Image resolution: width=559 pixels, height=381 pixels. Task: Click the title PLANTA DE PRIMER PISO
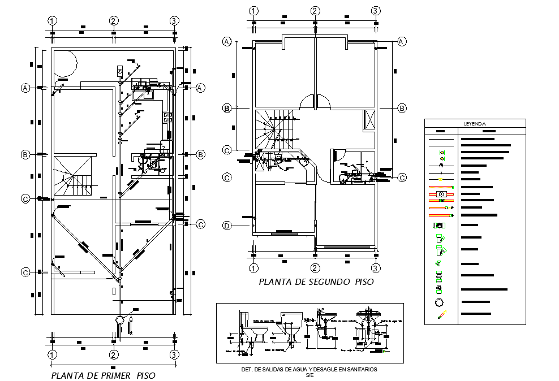[103, 375]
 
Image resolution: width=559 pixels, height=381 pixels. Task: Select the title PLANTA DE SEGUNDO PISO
[316, 282]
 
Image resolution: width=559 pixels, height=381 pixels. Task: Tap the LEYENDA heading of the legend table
[475, 123]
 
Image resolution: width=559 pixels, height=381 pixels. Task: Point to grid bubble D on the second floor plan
[227, 226]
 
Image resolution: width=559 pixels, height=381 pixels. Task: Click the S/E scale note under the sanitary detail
[309, 375]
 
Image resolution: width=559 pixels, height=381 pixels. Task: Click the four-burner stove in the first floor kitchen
[168, 117]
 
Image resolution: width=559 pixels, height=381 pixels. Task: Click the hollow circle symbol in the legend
[440, 302]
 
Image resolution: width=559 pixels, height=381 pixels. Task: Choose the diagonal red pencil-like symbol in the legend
[441, 316]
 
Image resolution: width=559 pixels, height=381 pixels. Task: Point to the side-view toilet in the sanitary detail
[249, 328]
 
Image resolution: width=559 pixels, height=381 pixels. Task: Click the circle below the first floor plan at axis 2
[119, 320]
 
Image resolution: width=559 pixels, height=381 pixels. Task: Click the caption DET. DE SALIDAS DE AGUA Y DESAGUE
[309, 369]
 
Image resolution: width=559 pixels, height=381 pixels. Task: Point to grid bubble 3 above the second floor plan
[376, 11]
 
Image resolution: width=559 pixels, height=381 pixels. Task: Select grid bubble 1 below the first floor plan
[52, 355]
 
